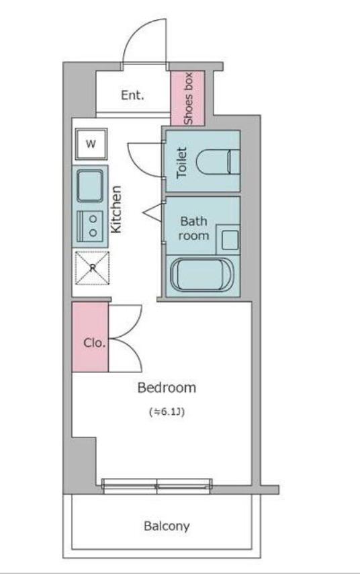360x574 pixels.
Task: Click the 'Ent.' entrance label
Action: [132, 95]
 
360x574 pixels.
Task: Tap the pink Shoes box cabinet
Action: [187, 98]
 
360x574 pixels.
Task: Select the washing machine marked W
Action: [91, 144]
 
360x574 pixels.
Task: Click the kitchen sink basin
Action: [90, 186]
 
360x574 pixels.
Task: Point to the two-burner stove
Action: [89, 226]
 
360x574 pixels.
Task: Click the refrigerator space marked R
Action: [92, 268]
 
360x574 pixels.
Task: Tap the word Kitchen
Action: [116, 209]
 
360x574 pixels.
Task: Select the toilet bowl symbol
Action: [218, 161]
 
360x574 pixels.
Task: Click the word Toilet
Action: [182, 163]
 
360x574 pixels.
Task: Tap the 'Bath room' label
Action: [193, 229]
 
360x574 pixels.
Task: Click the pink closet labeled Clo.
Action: [90, 337]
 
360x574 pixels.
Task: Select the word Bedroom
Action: [167, 387]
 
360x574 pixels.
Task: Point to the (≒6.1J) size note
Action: [167, 412]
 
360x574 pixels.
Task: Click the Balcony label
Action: [167, 526]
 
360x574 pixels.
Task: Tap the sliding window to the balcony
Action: [156, 486]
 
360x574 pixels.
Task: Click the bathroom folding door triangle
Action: [152, 212]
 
